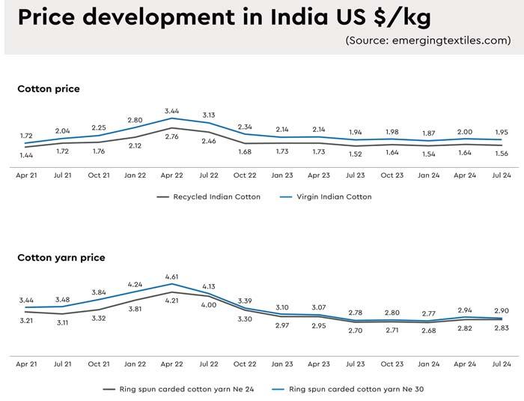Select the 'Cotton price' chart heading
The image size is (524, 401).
[x=49, y=88]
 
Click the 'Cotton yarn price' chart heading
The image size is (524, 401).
[x=61, y=257]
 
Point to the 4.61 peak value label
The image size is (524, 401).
[x=172, y=277]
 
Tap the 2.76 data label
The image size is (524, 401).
[x=172, y=136]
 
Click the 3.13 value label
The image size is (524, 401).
[x=209, y=115]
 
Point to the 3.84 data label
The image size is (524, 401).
[x=100, y=292]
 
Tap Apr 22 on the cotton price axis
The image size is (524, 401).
[x=172, y=175]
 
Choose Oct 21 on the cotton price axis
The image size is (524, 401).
[x=100, y=175]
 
